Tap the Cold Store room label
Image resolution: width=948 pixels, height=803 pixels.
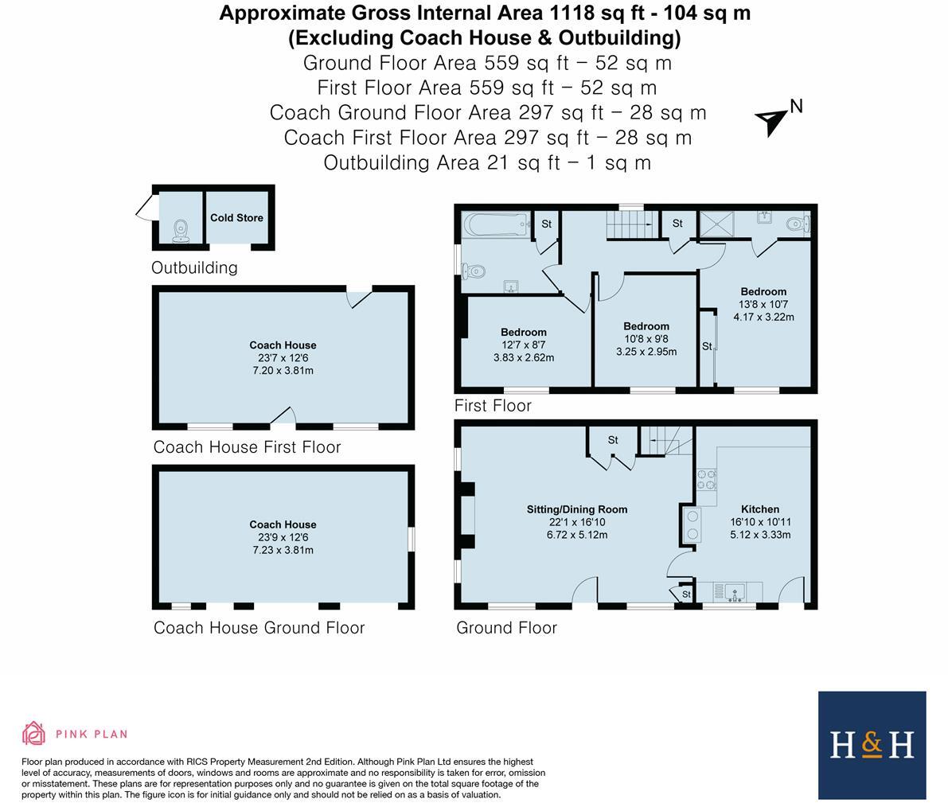pos(236,217)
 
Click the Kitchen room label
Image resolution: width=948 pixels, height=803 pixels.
pos(759,509)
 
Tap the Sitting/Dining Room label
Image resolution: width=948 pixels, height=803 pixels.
pos(576,509)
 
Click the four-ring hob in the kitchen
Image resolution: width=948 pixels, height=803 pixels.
pos(706,479)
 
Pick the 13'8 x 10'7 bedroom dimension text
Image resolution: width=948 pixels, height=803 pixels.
pos(763,304)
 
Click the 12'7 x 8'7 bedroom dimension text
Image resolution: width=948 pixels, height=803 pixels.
pos(523,345)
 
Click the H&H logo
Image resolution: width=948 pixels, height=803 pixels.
pos(872,745)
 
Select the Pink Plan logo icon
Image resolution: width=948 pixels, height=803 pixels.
pos(33,733)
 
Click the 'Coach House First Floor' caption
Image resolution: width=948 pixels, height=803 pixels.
pos(247,447)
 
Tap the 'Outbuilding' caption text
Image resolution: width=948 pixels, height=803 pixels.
pos(194,267)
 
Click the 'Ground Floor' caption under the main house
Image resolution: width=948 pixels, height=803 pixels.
pos(506,628)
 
